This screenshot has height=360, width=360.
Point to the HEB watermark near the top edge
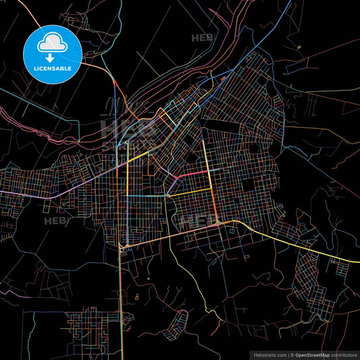(x=202, y=38)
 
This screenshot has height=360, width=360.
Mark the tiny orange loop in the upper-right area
(x=298, y=47)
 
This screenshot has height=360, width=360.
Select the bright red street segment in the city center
(x=193, y=174)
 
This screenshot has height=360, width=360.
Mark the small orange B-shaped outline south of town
(x=137, y=297)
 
